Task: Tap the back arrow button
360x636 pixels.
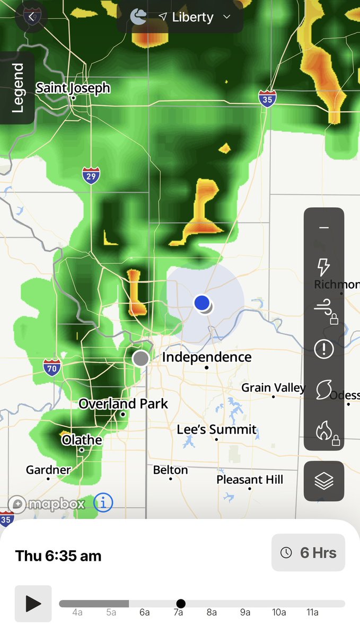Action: (31, 17)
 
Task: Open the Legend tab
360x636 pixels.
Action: (17, 88)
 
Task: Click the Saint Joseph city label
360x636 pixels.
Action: (73, 88)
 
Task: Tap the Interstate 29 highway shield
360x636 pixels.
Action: (91, 175)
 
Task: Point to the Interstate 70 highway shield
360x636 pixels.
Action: (52, 367)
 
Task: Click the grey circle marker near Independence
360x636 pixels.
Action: (141, 358)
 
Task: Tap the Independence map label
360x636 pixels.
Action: (206, 357)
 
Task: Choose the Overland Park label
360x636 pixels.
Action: (123, 404)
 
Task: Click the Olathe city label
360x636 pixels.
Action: (82, 440)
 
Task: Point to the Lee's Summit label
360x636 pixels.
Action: (216, 429)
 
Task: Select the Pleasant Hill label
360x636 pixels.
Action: (250, 480)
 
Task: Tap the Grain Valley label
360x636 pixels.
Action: (273, 388)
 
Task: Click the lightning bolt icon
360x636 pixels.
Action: (323, 267)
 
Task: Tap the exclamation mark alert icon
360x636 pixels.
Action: (323, 349)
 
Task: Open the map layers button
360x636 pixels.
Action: (323, 481)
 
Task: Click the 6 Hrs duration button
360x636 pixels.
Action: (308, 553)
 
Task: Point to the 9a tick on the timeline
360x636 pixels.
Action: (245, 612)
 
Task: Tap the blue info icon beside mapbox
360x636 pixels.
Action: (103, 502)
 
